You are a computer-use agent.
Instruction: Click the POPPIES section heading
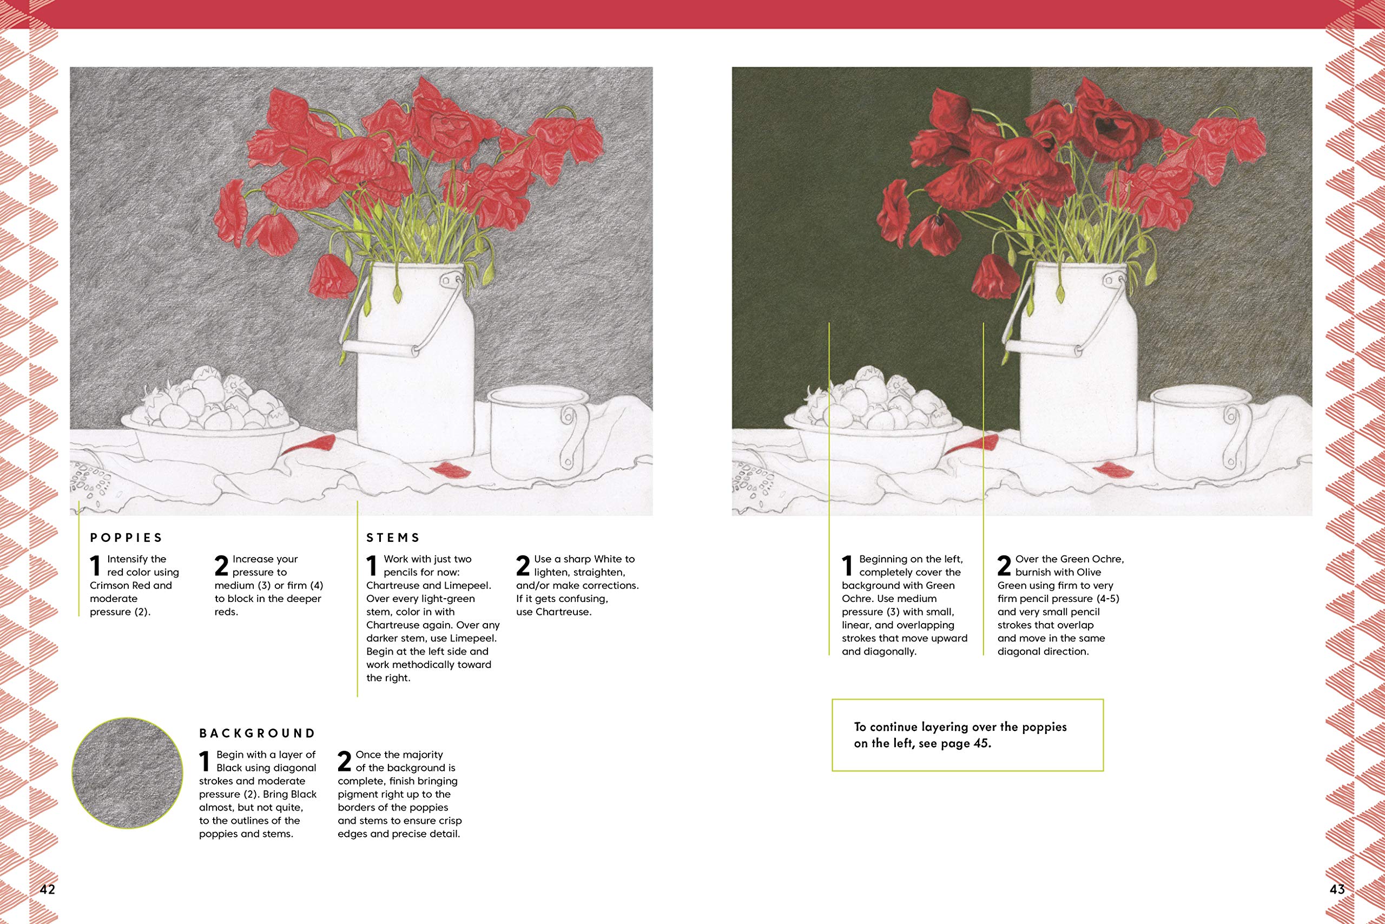click(x=126, y=538)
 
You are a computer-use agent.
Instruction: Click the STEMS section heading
click(x=393, y=538)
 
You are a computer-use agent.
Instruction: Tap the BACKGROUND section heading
click(x=258, y=733)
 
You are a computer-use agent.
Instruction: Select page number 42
click(x=47, y=890)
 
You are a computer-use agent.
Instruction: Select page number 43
click(x=1337, y=890)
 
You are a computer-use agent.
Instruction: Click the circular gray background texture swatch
click(x=127, y=772)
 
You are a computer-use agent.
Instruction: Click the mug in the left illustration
click(x=539, y=432)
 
